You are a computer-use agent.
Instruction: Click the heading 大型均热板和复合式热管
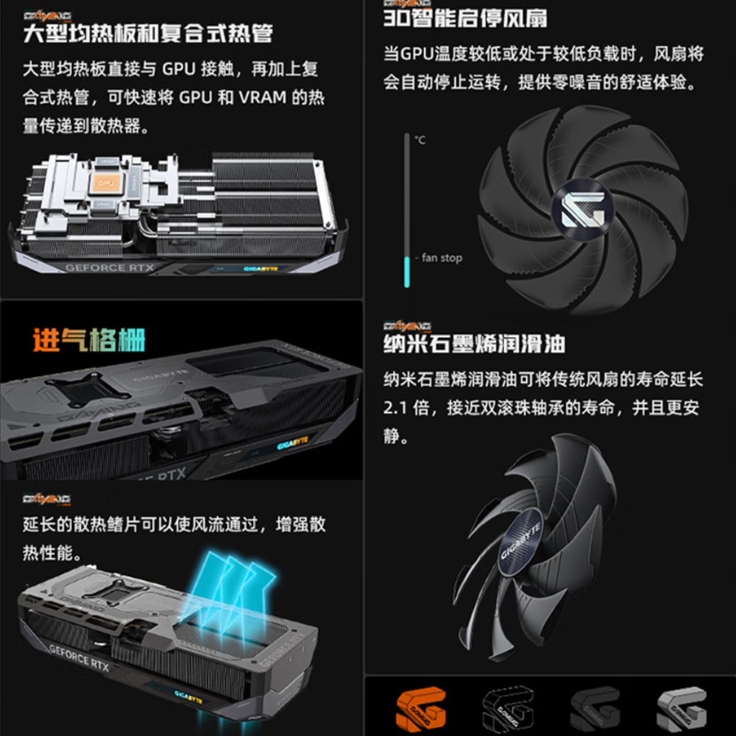[147, 34]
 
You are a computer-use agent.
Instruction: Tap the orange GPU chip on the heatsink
[107, 184]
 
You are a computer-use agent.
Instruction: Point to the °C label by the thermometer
[420, 141]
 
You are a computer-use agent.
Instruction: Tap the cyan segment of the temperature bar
[407, 271]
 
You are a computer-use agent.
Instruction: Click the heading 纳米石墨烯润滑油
[475, 343]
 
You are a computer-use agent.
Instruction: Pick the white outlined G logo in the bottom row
[509, 709]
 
